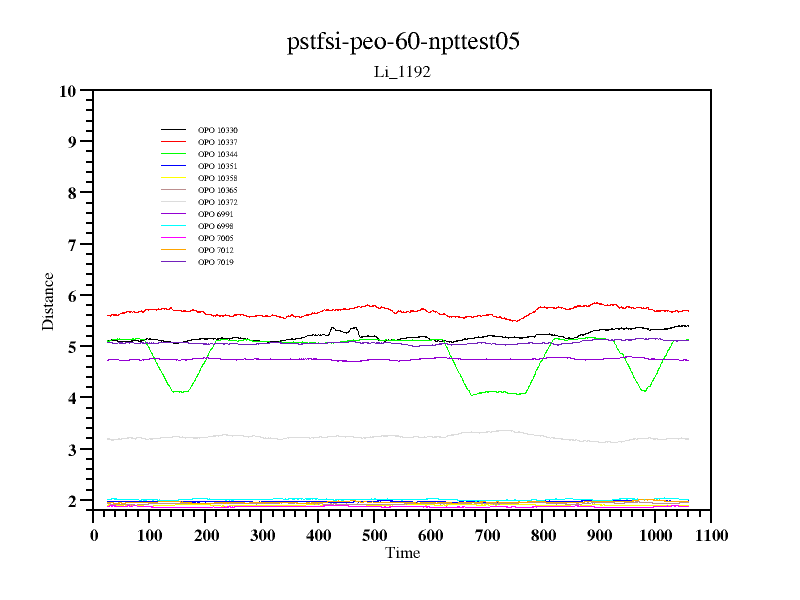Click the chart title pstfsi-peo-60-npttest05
[403, 42]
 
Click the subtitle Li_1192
[402, 72]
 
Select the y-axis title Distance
[48, 301]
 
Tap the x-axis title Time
[402, 553]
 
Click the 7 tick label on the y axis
[72, 244]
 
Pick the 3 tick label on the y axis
[72, 450]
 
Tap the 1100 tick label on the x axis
[710, 536]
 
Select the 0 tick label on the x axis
[93, 536]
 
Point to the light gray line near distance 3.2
[400, 437]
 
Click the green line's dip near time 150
[178, 391]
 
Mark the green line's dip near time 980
[644, 390]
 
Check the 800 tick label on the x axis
[542, 536]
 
